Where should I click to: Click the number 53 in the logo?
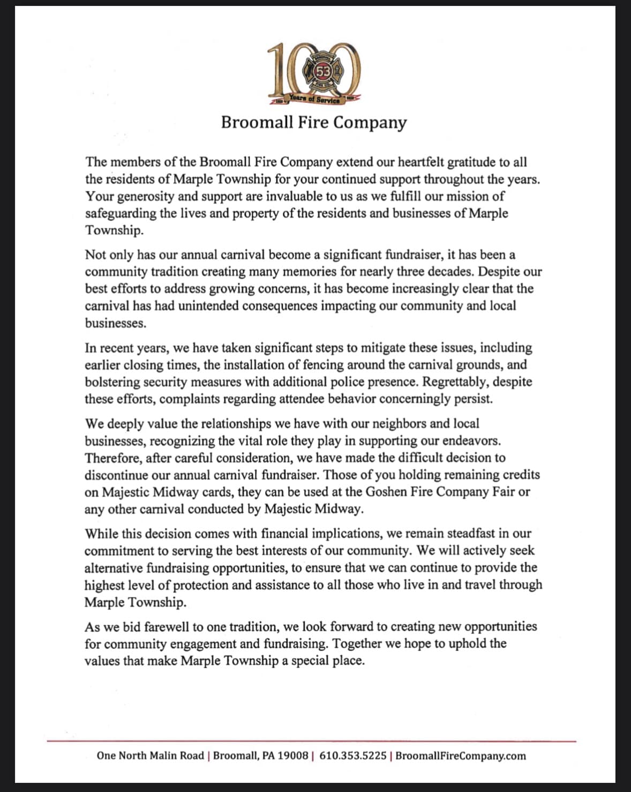tap(323, 70)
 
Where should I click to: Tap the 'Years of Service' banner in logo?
tap(314, 99)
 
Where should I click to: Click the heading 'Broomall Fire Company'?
tap(314, 122)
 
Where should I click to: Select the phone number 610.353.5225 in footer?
tap(352, 756)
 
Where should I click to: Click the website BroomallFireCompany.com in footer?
tap(461, 756)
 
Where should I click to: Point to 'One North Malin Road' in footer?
tap(150, 756)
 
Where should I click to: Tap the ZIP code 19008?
tap(294, 756)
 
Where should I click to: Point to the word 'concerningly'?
tap(415, 399)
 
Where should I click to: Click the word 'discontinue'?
tap(116, 475)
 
